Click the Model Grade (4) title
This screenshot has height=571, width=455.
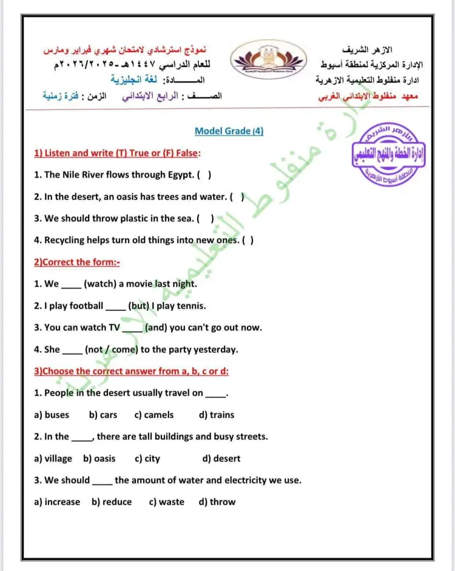click(229, 131)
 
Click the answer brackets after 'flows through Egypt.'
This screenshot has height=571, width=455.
click(204, 175)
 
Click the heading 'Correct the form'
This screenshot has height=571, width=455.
click(76, 262)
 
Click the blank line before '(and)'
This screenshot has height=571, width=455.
click(132, 329)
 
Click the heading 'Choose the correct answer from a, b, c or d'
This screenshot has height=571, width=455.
click(135, 371)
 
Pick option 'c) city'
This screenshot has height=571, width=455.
click(147, 459)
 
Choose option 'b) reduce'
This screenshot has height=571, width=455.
click(112, 502)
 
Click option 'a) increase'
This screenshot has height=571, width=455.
click(57, 502)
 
